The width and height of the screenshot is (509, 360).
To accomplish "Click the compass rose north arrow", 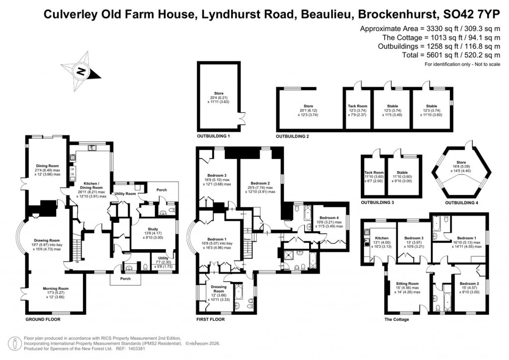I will tap(80, 72).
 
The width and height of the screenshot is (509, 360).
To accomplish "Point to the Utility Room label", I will tap(125, 193).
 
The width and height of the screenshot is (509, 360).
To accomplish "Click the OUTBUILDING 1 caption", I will tap(214, 136).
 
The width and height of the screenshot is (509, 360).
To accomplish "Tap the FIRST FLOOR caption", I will tap(210, 319).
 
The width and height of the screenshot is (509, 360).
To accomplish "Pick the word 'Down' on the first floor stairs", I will tap(248, 238).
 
